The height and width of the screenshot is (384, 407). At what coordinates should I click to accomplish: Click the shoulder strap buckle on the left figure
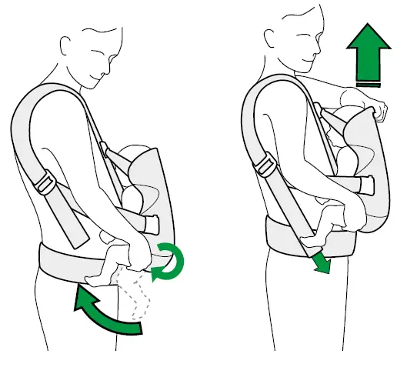(47, 182)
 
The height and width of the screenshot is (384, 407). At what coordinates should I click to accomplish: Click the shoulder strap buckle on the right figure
(266, 165)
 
